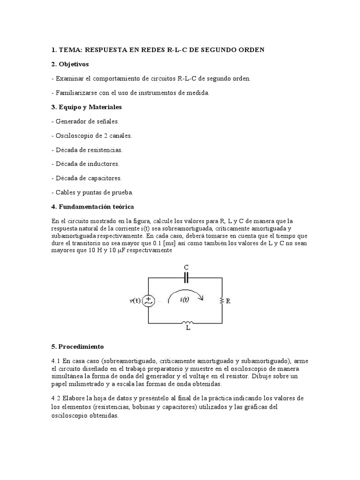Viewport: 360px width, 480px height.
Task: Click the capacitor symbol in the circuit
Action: [x=186, y=278]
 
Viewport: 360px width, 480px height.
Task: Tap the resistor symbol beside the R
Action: [x=220, y=301]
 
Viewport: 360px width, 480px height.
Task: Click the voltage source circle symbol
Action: [x=149, y=301]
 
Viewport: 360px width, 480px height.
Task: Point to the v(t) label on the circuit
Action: [x=135, y=301]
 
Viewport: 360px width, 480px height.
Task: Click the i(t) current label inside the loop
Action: [x=184, y=302]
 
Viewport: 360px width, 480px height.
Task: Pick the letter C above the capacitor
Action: [x=186, y=268]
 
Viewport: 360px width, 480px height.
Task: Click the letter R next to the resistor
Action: [x=228, y=301]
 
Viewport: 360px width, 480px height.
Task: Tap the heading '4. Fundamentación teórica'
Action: [x=92, y=206]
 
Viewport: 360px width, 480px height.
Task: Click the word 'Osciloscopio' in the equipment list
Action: [x=73, y=135]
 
